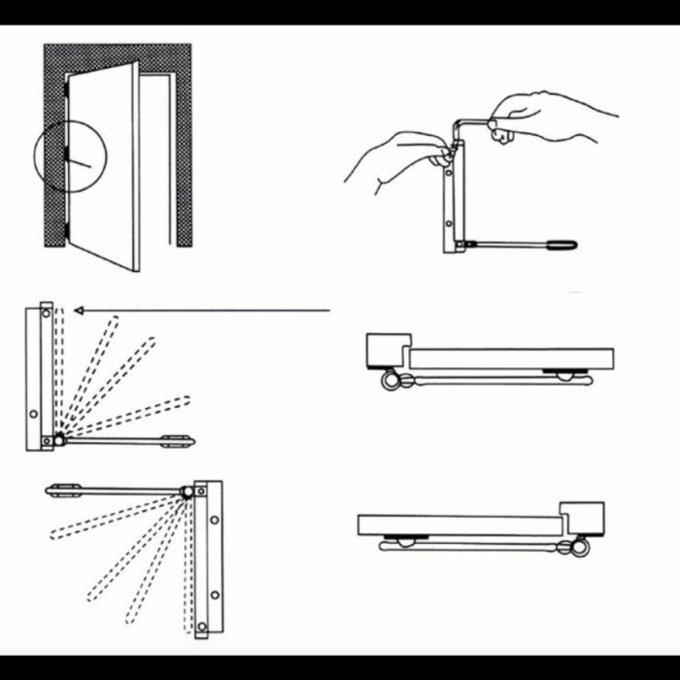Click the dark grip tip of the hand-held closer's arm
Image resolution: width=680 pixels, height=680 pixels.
564,245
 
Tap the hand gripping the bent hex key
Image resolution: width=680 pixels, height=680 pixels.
544,117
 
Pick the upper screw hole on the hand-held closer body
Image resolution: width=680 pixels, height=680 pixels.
449,176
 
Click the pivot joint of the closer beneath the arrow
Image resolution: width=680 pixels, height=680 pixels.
58,440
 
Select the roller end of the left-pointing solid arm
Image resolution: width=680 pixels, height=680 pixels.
61,489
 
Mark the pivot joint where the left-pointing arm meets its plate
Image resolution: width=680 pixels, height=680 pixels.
187,493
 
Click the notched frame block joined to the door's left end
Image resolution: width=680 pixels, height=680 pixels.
386,350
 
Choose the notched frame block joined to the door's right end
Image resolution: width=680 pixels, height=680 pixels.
583,518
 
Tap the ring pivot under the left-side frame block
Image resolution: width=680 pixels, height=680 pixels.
390,382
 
